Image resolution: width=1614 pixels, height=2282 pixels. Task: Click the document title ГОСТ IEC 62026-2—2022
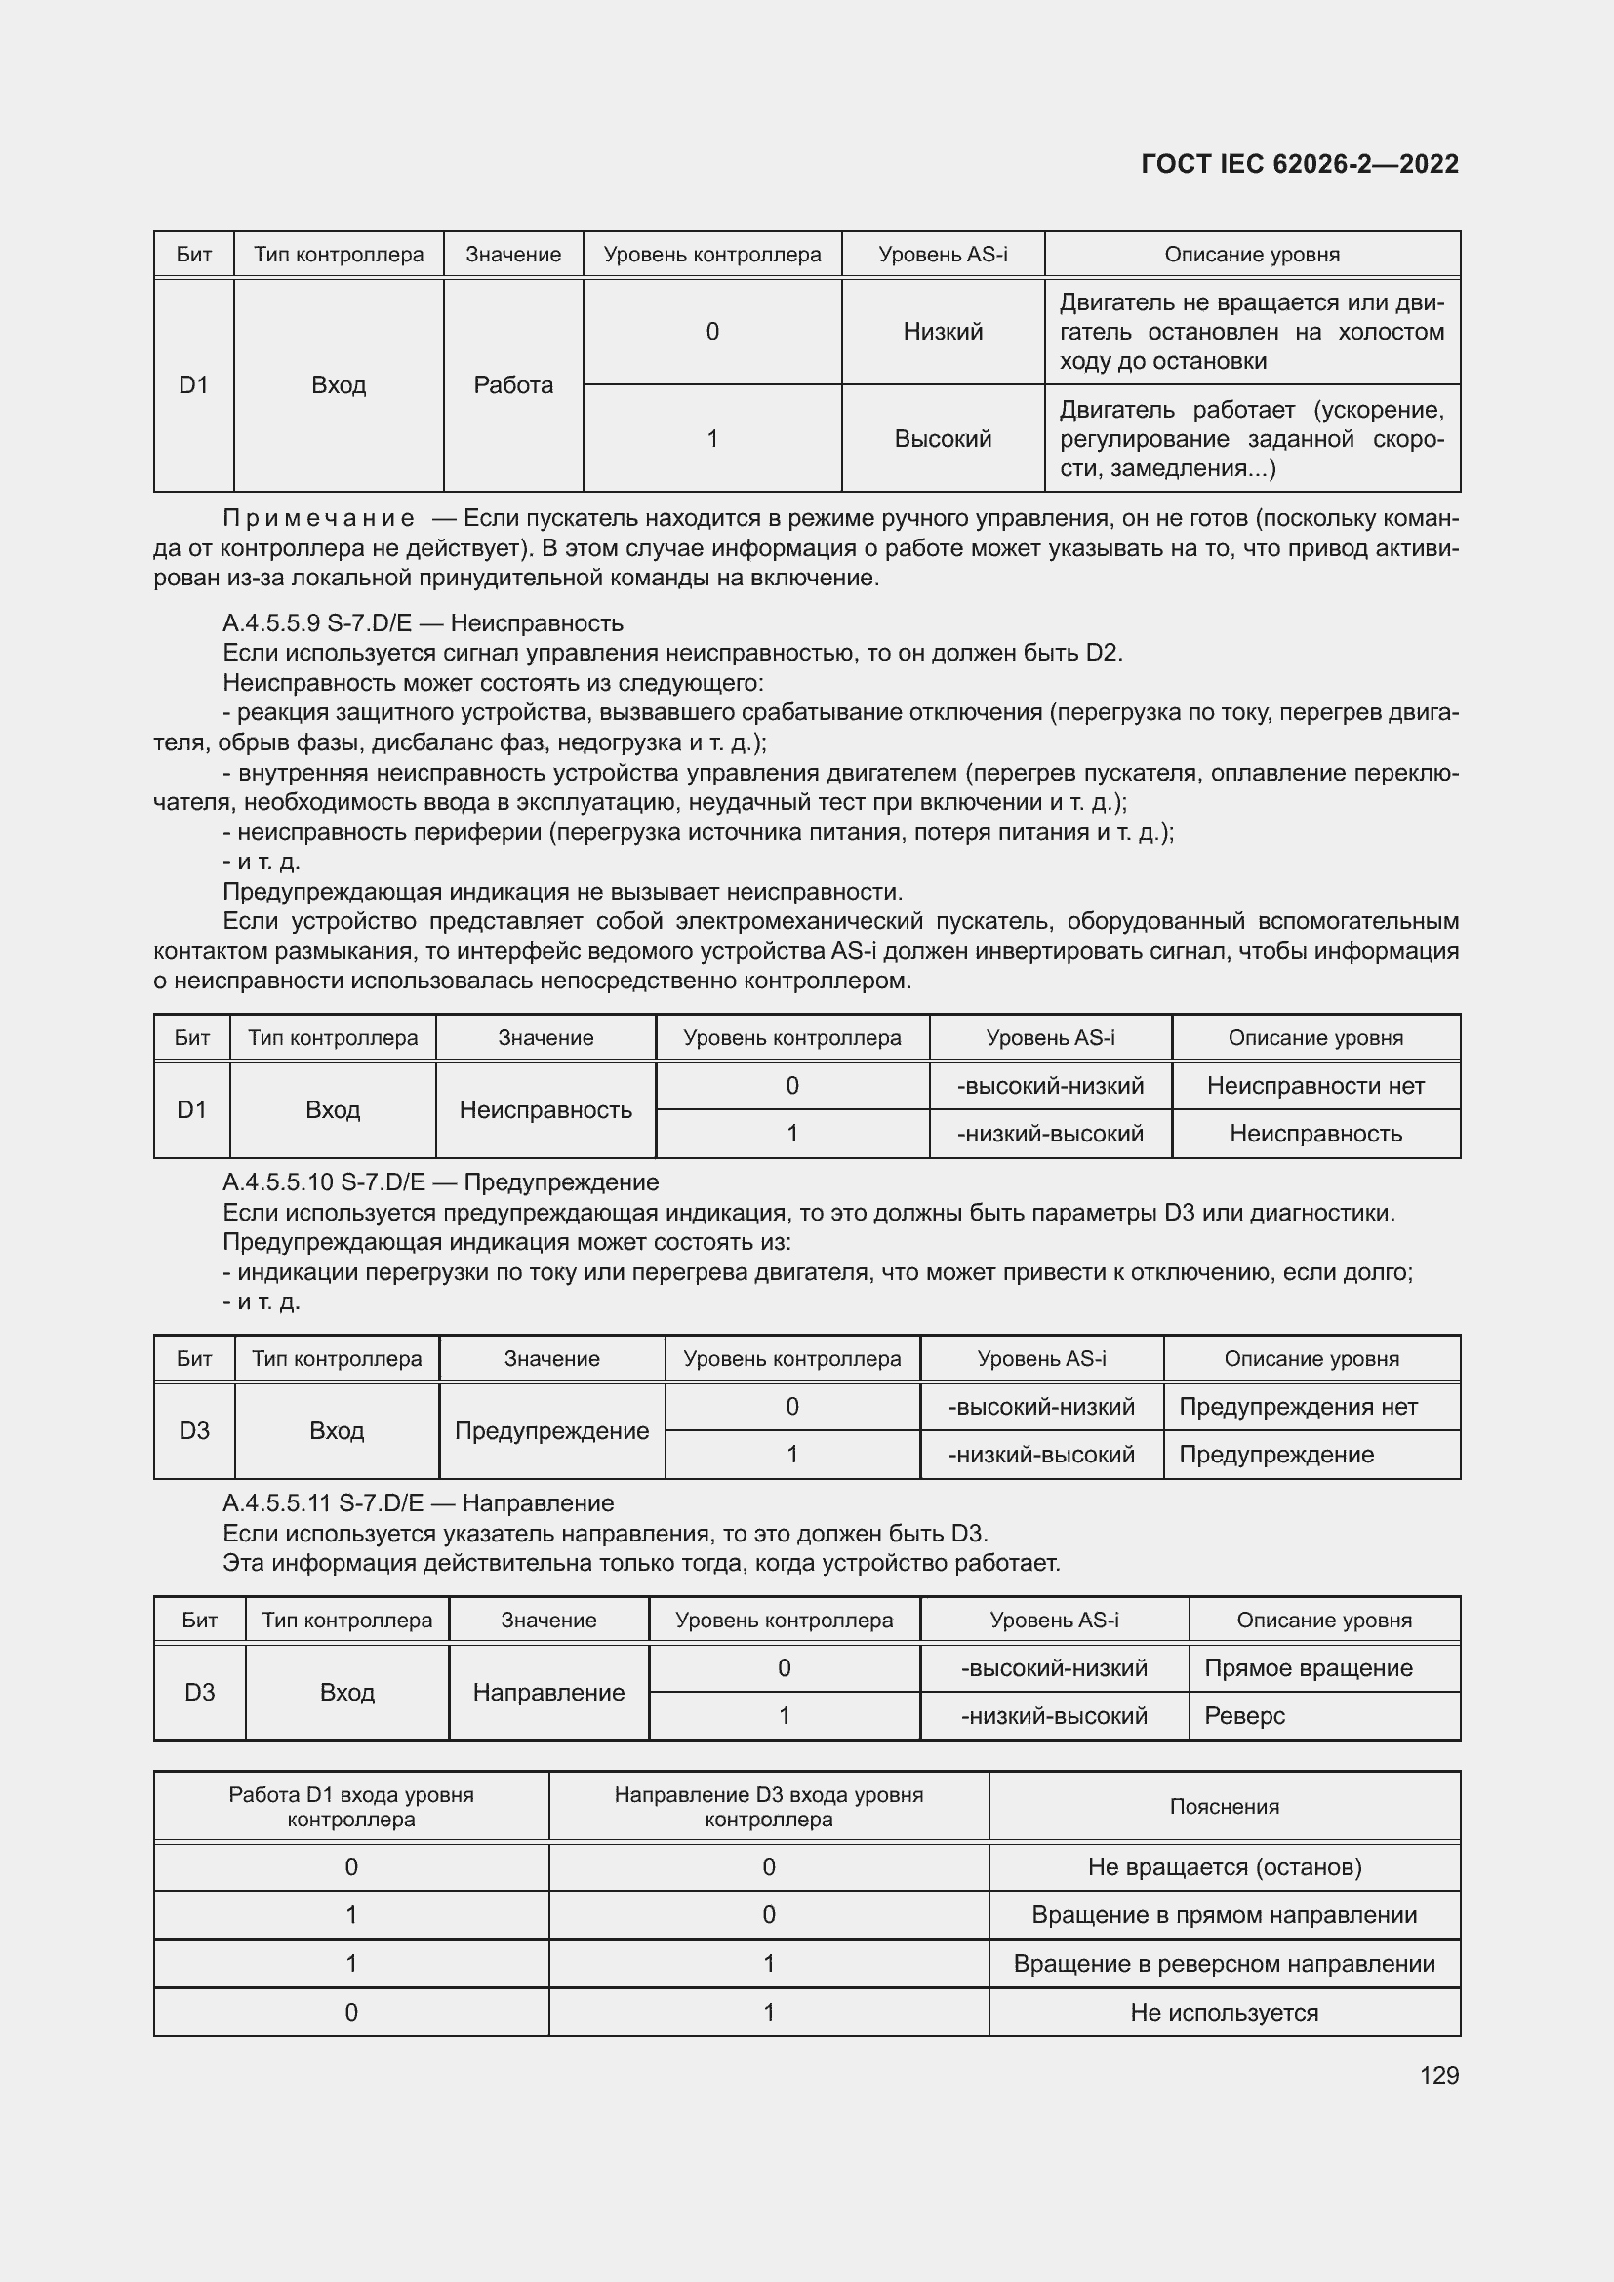[x=1299, y=164]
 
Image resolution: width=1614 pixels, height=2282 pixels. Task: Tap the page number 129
[x=1438, y=2075]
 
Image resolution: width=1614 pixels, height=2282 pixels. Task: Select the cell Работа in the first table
[x=513, y=384]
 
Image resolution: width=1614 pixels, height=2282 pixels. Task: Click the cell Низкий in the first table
[x=943, y=331]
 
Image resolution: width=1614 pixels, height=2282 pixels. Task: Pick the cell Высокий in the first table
[x=943, y=438]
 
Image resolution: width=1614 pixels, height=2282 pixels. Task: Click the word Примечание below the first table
[x=319, y=518]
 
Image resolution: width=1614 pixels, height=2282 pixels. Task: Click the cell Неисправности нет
[x=1314, y=1085]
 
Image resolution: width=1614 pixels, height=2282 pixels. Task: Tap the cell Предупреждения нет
[x=1298, y=1407]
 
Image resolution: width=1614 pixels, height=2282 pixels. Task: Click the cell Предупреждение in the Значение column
[x=551, y=1430]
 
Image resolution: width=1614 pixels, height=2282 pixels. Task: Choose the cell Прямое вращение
[x=1308, y=1667]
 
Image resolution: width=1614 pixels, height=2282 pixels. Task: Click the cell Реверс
[x=1244, y=1715]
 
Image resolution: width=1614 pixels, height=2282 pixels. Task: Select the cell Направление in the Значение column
[x=548, y=1692]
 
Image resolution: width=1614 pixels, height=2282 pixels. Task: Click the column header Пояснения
[x=1224, y=1807]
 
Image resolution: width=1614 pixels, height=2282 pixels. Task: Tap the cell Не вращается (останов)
[x=1224, y=1866]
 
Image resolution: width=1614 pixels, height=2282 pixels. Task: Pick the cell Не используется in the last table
[x=1224, y=2012]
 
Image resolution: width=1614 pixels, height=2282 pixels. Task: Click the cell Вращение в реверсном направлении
[x=1224, y=1963]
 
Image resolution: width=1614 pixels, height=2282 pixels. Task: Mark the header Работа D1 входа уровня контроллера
[x=351, y=1807]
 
